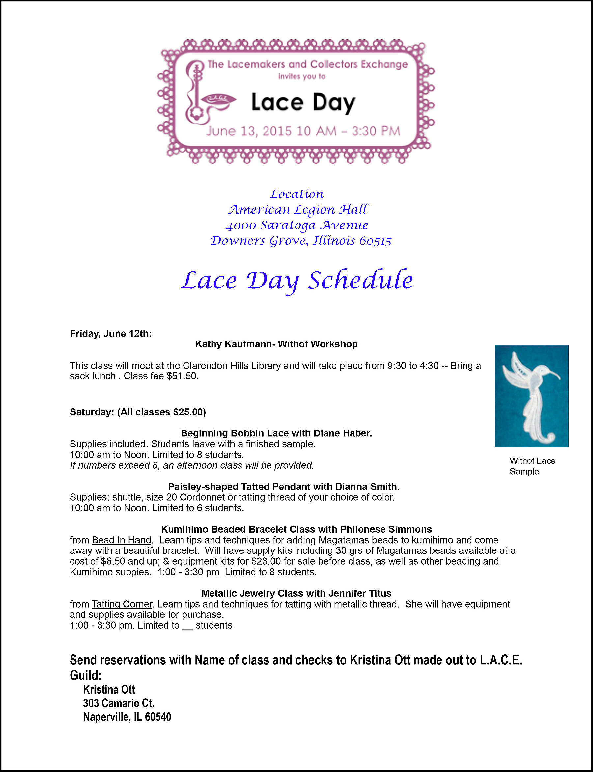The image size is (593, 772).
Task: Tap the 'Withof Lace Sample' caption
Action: (532, 466)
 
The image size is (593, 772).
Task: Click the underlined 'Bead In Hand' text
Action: (122, 540)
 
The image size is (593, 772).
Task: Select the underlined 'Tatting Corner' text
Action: (122, 604)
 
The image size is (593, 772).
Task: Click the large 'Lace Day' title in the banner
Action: (303, 103)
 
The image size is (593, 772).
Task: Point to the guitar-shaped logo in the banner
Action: (194, 93)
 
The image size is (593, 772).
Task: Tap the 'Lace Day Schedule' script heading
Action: (297, 281)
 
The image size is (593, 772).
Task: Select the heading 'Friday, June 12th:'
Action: (111, 333)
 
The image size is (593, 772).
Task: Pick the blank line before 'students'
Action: (187, 625)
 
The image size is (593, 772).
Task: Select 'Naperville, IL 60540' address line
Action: (127, 717)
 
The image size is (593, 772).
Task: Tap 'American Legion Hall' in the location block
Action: (297, 210)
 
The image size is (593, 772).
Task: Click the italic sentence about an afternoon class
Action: (192, 465)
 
